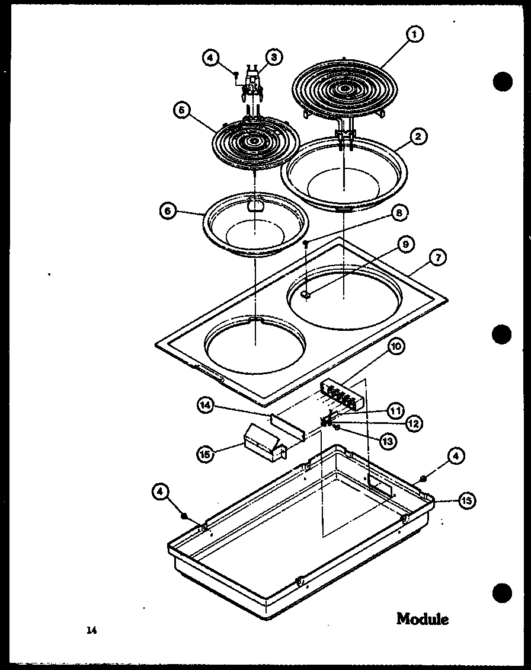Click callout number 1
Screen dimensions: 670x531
pos(414,35)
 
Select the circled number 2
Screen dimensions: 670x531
pos(418,137)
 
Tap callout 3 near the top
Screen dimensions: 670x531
pos(273,57)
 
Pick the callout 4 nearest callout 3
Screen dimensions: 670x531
pos(211,58)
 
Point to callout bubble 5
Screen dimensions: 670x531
pos(181,110)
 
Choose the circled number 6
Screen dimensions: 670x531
pos(167,210)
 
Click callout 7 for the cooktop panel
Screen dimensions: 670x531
pos(439,258)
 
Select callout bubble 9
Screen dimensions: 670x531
pos(407,244)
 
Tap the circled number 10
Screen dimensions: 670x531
pos(396,346)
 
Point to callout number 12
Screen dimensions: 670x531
pos(414,423)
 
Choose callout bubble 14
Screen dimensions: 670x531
pos(205,406)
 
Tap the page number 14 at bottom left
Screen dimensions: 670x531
pos(91,630)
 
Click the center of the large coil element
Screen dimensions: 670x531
pos(344,90)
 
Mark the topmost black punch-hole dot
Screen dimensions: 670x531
pos(501,81)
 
